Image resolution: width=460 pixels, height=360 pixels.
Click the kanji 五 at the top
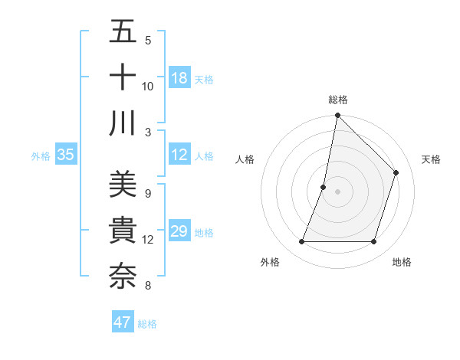(123, 32)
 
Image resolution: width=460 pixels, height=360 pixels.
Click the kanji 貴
(123, 231)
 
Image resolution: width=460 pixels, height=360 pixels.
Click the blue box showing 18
(179, 77)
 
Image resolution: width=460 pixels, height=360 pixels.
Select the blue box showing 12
(179, 155)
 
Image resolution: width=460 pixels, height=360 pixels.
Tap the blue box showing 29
(179, 231)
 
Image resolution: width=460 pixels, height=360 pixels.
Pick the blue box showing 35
(66, 155)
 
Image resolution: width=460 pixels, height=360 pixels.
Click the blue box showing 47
(123, 322)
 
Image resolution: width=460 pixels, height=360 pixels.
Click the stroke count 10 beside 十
(148, 87)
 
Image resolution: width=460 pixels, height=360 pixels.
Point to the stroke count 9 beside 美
(147, 194)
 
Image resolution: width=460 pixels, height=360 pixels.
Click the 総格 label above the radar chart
(338, 100)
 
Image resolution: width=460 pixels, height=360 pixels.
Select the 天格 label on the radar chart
(431, 159)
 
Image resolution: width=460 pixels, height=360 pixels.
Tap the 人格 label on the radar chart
(245, 159)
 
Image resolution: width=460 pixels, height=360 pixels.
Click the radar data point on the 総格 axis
(337, 116)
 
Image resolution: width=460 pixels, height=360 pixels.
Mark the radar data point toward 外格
(302, 242)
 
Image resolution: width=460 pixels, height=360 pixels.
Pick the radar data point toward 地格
(373, 242)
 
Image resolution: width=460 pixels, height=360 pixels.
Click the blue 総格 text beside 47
(147, 323)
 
